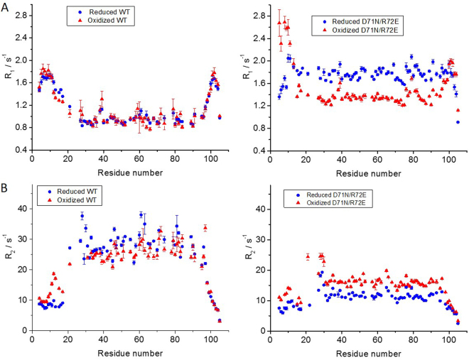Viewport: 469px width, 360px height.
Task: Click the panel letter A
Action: pyautogui.click(x=6, y=6)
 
